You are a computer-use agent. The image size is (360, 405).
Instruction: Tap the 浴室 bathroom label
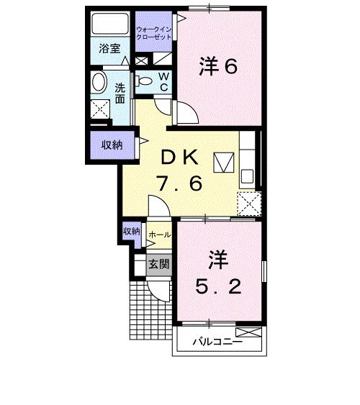(x=110, y=50)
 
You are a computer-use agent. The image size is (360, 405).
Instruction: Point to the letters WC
(x=163, y=81)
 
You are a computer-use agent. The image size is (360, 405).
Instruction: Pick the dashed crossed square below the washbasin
(x=101, y=109)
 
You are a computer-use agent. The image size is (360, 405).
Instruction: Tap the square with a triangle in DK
(x=223, y=162)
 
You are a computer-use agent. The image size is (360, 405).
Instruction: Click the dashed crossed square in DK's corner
(x=249, y=204)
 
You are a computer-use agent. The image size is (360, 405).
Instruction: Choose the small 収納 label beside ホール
(x=131, y=232)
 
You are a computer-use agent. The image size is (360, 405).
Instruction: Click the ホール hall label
(x=159, y=235)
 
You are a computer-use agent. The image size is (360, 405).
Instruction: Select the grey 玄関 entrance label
(x=158, y=263)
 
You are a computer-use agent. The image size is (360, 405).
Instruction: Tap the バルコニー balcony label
(x=217, y=342)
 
